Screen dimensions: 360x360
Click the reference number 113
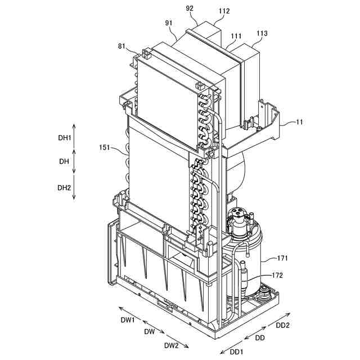coord(262,33)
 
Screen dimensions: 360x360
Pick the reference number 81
coord(122,47)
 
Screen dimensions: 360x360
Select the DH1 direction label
coord(65,138)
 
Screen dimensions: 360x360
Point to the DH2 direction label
coord(65,187)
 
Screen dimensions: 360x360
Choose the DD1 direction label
coord(237,352)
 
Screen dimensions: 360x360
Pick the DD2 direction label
coord(282,326)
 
